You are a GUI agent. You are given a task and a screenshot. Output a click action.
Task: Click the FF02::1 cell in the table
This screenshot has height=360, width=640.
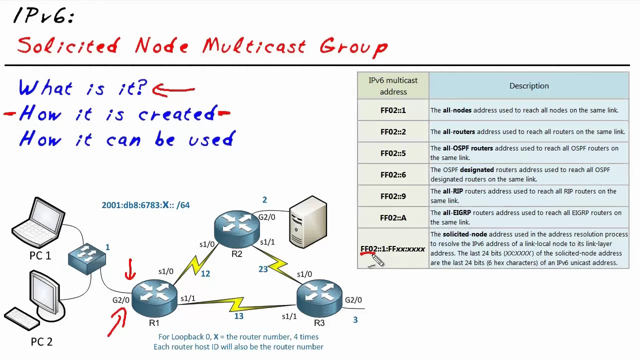pyautogui.click(x=393, y=110)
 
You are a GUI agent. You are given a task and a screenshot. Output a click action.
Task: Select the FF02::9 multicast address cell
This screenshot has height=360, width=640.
pyautogui.click(x=393, y=196)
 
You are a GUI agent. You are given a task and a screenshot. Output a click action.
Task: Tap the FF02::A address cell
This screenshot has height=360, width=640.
pyautogui.click(x=393, y=218)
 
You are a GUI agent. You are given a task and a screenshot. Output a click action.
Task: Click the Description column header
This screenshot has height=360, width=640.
pyautogui.click(x=529, y=86)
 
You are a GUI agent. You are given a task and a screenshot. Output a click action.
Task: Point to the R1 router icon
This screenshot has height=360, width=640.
pyautogui.click(x=154, y=298)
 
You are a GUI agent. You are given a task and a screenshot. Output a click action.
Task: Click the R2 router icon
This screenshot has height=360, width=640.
pyautogui.click(x=237, y=228)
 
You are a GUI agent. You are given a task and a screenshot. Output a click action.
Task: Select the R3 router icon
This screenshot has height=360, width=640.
pyautogui.click(x=319, y=298)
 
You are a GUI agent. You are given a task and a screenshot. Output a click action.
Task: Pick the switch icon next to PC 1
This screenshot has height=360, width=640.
pyautogui.click(x=87, y=258)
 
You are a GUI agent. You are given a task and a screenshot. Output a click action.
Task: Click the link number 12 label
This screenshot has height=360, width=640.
pyautogui.click(x=205, y=274)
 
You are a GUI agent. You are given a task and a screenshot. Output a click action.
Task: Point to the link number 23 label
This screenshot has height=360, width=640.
pyautogui.click(x=263, y=269)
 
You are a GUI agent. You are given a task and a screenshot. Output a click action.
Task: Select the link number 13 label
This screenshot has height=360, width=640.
pyautogui.click(x=238, y=316)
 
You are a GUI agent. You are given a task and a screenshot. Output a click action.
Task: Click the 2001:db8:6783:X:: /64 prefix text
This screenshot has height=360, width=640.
pyautogui.click(x=145, y=205)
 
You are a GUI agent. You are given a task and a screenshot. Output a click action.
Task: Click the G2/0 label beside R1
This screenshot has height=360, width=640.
pyautogui.click(x=121, y=300)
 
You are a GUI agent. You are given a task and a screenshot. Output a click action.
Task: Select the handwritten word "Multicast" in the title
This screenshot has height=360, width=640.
pyautogui.click(x=254, y=46)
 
